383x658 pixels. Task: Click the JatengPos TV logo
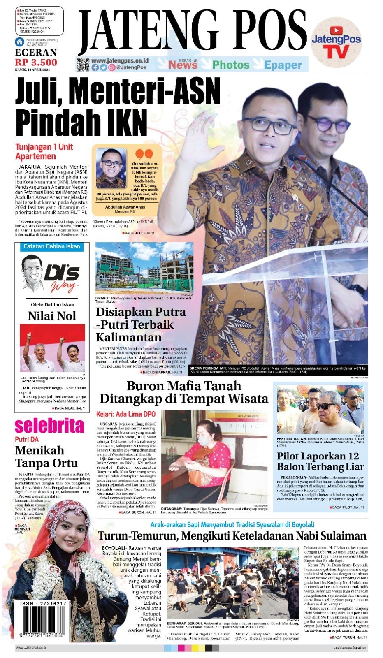pos(336,44)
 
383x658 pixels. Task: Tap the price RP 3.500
pos(36,63)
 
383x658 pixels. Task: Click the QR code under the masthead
pos(83,65)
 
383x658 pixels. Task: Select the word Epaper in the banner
pos(283,65)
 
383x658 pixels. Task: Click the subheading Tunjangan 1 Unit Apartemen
pos(44,152)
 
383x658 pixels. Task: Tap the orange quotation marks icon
pos(144,155)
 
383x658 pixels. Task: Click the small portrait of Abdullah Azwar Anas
pos(111,168)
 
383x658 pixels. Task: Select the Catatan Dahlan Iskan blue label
pos(51,246)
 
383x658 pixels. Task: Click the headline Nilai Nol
pos(52,316)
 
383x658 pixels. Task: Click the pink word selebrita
pos(49,426)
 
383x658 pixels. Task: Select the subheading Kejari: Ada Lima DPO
pos(126,414)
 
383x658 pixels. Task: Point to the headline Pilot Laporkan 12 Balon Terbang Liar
pos(320,461)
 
